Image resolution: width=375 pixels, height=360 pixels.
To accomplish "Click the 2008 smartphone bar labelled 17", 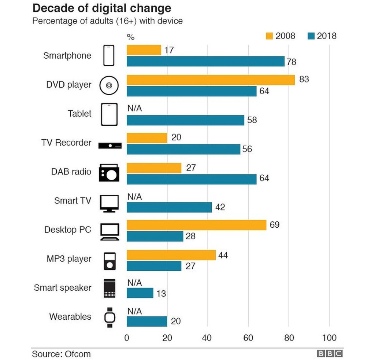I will tap(144, 50).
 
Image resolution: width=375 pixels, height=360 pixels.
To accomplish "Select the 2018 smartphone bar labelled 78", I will tap(205, 61).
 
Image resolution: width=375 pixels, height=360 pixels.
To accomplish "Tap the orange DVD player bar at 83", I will tap(211, 80).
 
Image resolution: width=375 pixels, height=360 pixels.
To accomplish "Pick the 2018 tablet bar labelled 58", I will tap(185, 120).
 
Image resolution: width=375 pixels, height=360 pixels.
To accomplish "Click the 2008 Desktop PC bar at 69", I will tap(196, 225).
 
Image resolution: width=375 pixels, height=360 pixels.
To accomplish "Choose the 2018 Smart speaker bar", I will tap(140, 293).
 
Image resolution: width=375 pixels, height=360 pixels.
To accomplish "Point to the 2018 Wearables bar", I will tap(147, 322).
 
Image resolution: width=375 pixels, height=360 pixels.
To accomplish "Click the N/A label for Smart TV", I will tap(134, 197).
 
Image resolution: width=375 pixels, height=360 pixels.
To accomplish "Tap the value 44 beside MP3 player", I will tap(223, 255).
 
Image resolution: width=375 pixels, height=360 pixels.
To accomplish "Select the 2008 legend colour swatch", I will tap(269, 36).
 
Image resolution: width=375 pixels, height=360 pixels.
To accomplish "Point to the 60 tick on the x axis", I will tap(248, 338).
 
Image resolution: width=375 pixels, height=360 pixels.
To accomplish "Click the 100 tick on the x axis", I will tap(329, 338).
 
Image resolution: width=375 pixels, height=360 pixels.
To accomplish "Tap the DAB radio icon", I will tap(109, 173).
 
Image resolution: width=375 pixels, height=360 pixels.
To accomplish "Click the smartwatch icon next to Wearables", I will tap(109, 317).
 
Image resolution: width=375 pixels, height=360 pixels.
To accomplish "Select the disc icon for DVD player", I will tap(109, 85).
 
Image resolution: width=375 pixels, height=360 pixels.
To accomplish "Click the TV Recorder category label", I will tap(66, 143).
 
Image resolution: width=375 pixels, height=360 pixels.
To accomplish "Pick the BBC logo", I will tap(330, 354).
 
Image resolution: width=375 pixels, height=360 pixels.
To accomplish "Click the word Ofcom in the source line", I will tap(78, 354).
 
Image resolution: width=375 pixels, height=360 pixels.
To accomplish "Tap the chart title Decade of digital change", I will tap(102, 8).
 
